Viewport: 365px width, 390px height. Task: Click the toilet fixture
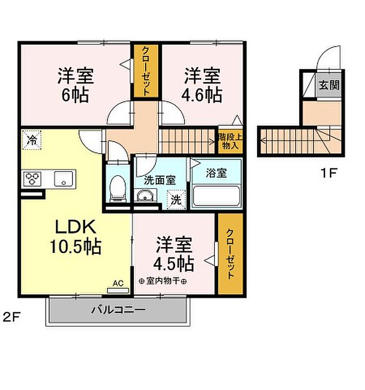coord(118,188)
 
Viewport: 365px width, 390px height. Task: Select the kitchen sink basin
coord(64,179)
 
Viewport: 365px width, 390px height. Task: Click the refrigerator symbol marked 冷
coord(32,140)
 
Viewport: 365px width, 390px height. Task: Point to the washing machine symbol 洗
coord(176,200)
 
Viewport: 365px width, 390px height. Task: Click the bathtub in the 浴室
coord(216,196)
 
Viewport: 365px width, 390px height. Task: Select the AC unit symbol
coord(118,290)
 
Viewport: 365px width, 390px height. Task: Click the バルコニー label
coord(118,310)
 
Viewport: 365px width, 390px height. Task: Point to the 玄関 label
coord(329,86)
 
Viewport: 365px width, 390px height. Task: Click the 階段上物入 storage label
coord(230,141)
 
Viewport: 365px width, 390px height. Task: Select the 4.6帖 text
coord(202,95)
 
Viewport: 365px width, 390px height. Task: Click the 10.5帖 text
coord(76,247)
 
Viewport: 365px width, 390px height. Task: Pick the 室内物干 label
coord(163,281)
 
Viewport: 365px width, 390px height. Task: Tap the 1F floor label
coord(328,173)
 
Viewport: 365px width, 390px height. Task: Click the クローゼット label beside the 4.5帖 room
coord(230,254)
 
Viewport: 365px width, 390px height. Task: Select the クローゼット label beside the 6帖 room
coord(146,71)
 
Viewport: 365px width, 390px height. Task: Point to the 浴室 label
coord(216,173)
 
